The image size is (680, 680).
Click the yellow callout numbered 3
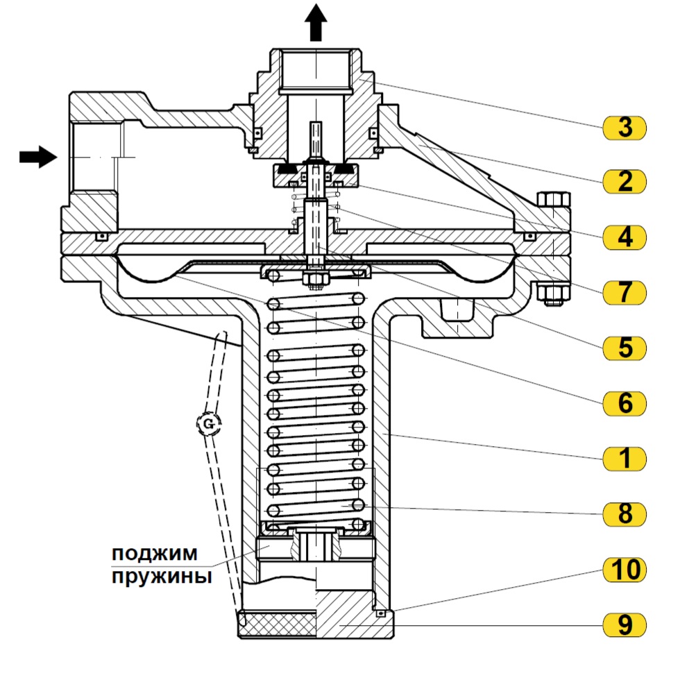click(x=624, y=128)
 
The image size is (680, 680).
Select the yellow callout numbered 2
click(x=624, y=182)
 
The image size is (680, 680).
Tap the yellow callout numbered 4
click(x=624, y=237)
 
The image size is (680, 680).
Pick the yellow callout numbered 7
click(x=624, y=292)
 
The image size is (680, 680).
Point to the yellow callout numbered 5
click(x=624, y=348)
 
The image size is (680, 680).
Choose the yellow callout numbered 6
click(x=624, y=403)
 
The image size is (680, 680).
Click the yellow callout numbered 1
click(x=624, y=459)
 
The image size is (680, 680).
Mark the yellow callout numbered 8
click(x=624, y=514)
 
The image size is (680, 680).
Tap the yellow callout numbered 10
click(x=624, y=570)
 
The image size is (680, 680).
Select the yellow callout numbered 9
click(x=624, y=625)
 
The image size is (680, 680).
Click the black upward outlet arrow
click(x=316, y=22)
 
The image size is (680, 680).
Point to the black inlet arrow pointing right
click(x=38, y=157)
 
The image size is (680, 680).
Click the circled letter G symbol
click(x=209, y=423)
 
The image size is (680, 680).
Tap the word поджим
click(x=154, y=554)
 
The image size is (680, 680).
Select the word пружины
click(x=162, y=577)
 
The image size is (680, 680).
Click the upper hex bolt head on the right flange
click(x=554, y=200)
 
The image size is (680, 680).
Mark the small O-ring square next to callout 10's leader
click(x=381, y=613)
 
